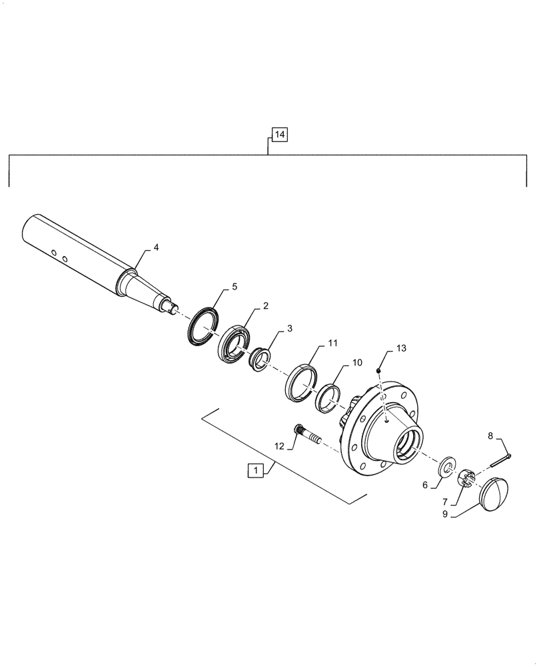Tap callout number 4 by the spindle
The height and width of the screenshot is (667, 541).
tap(156, 247)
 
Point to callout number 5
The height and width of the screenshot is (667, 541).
tap(234, 287)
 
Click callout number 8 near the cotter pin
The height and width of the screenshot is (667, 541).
tap(491, 436)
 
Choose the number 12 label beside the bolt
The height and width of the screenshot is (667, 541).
tap(280, 446)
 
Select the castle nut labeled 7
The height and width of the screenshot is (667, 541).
tap(467, 478)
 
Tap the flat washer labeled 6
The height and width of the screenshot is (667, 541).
tap(446, 465)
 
